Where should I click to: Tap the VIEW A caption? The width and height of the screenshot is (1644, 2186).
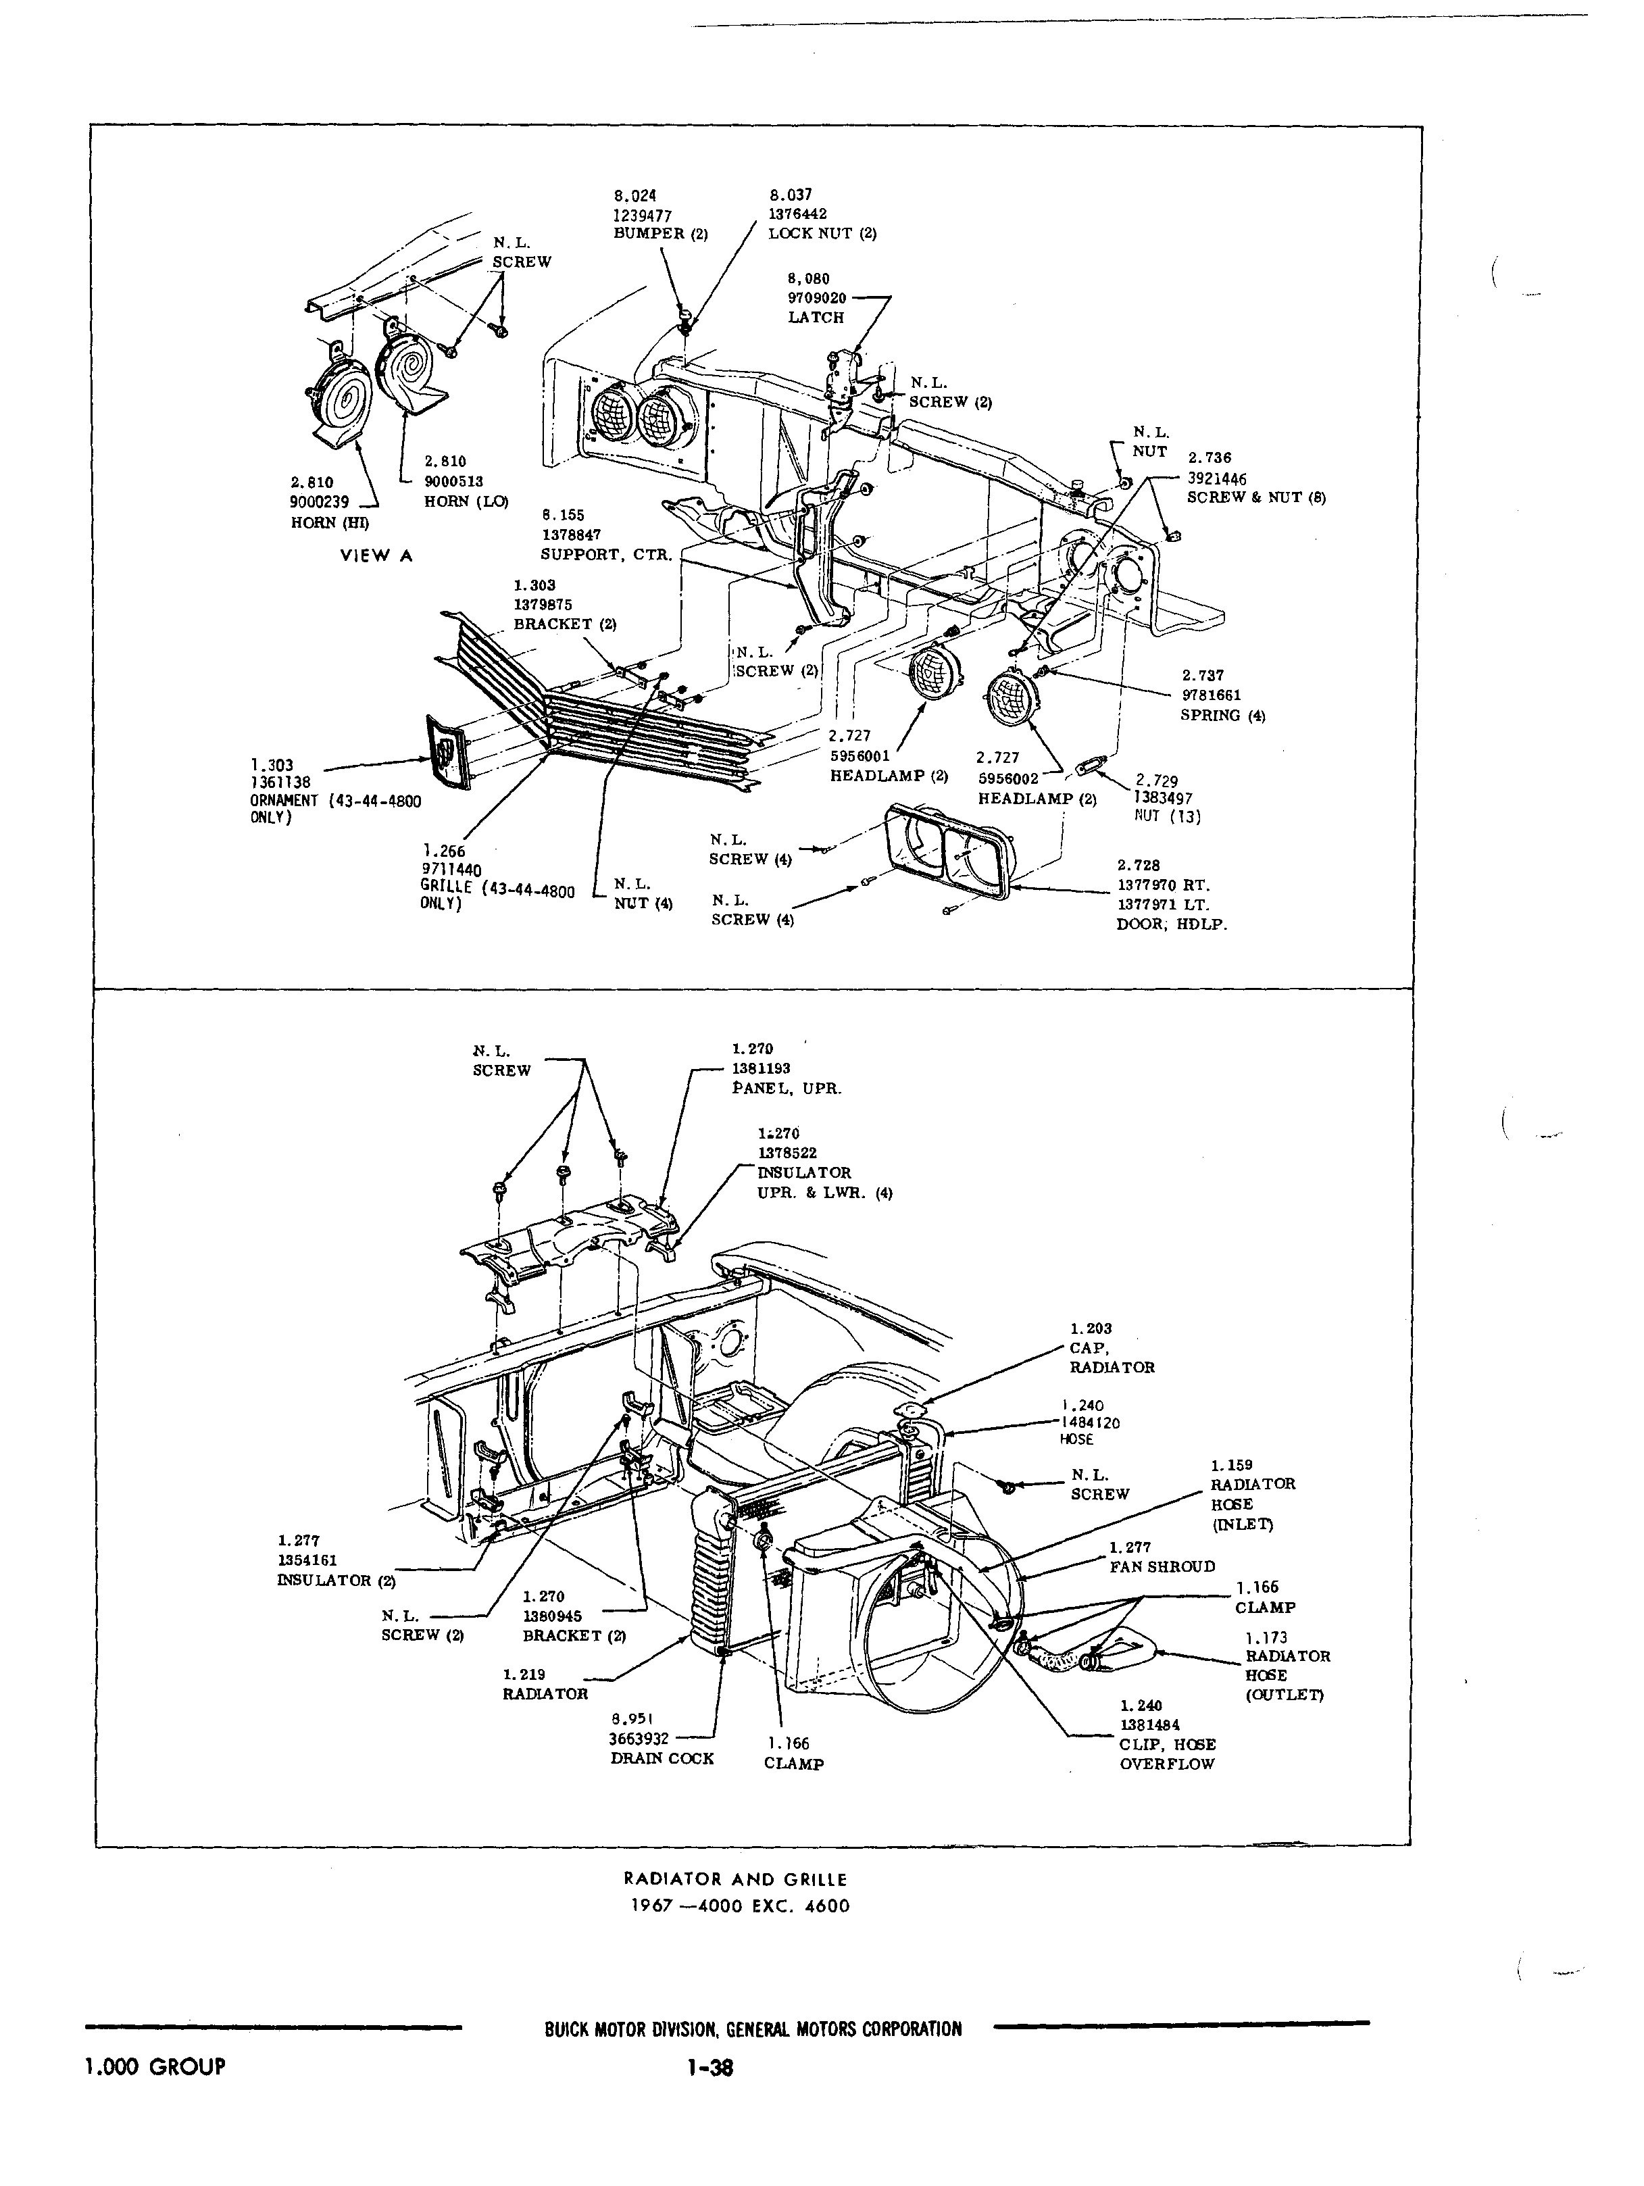coord(376,555)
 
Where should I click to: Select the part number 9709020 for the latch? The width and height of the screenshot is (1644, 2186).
coord(817,297)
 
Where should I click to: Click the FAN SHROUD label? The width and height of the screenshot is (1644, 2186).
coord(1162,1566)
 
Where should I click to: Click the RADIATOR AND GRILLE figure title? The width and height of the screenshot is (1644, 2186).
coord(735,1879)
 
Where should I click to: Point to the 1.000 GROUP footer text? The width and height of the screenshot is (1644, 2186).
coord(156,2066)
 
